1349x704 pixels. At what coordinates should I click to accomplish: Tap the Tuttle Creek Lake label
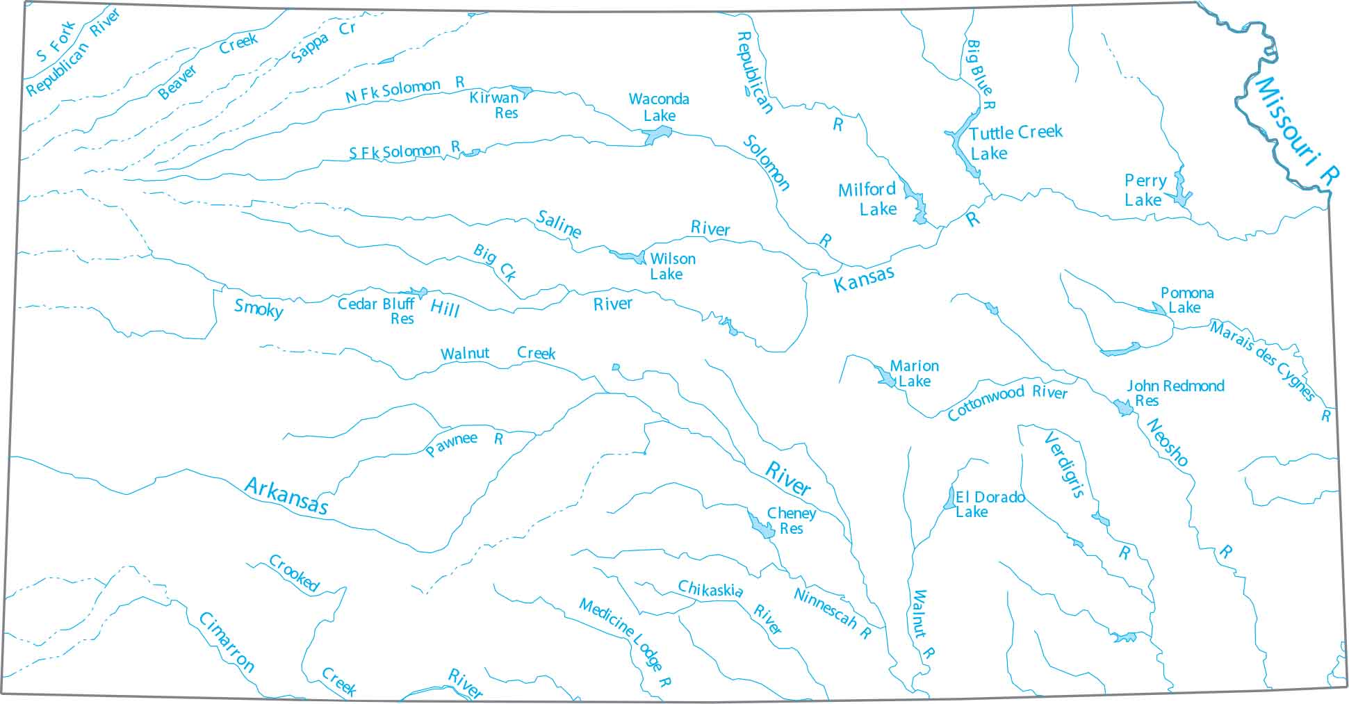(1015, 142)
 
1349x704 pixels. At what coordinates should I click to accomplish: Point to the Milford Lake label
(868, 199)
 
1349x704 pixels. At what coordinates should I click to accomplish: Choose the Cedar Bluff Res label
(376, 311)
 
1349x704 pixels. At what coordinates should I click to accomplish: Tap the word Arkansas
(286, 496)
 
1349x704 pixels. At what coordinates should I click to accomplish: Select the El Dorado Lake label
(988, 504)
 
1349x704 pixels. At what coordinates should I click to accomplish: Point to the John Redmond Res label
(1175, 393)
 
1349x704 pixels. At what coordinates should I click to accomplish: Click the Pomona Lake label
(1186, 300)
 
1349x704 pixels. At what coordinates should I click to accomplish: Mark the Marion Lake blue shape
(887, 378)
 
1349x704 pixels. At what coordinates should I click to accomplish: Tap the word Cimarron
(227, 642)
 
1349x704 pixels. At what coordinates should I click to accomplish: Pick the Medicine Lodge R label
(625, 643)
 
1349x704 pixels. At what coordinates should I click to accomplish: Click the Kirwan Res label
(495, 105)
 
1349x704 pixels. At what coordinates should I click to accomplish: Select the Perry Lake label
(1145, 190)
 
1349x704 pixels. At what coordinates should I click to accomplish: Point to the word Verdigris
(1064, 465)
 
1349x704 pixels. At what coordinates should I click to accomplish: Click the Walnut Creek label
(498, 353)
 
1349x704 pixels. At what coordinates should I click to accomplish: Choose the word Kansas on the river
(864, 279)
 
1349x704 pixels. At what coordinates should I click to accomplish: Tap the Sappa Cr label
(323, 41)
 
